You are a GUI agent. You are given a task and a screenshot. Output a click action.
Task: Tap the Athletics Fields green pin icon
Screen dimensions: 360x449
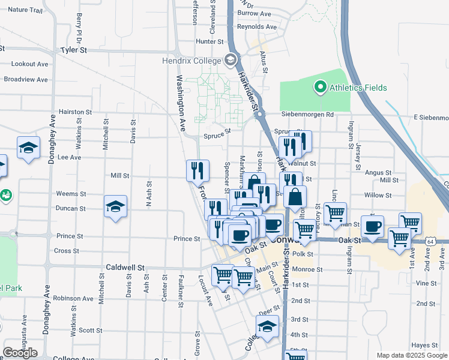pyautogui.click(x=320, y=88)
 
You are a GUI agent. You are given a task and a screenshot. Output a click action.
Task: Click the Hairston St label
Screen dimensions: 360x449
pyautogui.click(x=74, y=112)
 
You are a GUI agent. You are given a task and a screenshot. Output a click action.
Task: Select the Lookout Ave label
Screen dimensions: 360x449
pyautogui.click(x=29, y=64)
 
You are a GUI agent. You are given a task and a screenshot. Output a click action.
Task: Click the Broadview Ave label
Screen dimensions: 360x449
pyautogui.click(x=26, y=79)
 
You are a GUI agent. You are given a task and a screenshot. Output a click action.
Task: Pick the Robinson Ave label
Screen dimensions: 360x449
pyautogui.click(x=73, y=298)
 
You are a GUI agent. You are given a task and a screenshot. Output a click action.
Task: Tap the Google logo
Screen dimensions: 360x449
pyautogui.click(x=20, y=353)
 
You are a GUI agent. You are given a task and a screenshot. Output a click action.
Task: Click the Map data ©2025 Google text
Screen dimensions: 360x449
pyautogui.click(x=412, y=355)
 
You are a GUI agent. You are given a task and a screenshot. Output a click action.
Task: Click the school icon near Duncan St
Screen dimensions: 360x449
pyautogui.click(x=116, y=206)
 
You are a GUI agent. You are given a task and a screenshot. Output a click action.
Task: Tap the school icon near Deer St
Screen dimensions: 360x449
pyautogui.click(x=267, y=327)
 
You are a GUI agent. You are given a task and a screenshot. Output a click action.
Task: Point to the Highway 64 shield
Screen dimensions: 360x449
pyautogui.click(x=431, y=241)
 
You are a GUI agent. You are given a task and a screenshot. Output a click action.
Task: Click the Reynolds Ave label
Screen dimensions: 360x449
pyautogui.click(x=257, y=27)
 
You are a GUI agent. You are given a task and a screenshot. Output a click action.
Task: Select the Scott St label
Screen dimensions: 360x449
pyautogui.click(x=90, y=330)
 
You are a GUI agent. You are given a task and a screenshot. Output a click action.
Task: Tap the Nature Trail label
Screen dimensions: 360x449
pyautogui.click(x=26, y=10)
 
